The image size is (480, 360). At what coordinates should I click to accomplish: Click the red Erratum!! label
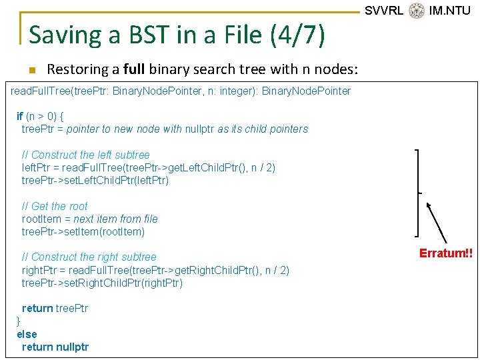point(445,253)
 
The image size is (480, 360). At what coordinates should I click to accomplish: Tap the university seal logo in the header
point(417,11)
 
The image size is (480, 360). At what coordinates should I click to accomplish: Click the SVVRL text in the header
point(384,11)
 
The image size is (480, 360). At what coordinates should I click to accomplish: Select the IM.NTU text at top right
point(450,11)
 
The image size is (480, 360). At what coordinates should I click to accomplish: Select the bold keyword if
point(20,116)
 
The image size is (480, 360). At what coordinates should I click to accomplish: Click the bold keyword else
point(27,334)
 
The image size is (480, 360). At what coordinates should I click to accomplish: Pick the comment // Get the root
point(55,206)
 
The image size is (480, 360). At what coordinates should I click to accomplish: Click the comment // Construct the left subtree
point(86,155)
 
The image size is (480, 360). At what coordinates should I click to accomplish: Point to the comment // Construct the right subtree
point(89,257)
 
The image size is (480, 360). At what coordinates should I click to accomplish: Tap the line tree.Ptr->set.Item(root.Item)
point(83,232)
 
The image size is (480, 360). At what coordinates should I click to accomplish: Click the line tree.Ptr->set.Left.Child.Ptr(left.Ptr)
point(95,181)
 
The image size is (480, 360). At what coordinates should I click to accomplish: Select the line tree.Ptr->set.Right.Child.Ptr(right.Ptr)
point(102,283)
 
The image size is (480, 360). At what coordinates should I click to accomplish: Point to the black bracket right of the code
point(418,193)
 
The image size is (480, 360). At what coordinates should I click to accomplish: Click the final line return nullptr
point(55,347)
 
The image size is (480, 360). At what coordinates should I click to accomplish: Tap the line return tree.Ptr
point(55,308)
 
